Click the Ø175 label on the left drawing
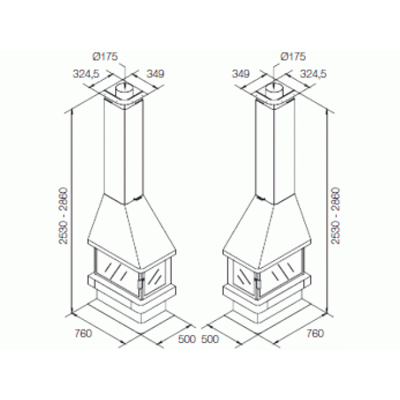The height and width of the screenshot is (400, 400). pos(105,56)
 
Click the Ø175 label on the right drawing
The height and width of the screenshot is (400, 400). pos(293,56)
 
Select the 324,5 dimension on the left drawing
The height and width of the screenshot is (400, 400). pos(86,74)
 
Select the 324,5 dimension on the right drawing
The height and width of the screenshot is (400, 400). pos(313,74)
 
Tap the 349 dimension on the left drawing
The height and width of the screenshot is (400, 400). pos(156,74)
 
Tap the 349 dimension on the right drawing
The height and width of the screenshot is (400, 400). pos(241,74)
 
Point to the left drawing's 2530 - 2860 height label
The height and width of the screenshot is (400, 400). pos(64,216)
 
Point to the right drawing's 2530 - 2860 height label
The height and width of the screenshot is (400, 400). pos(336,216)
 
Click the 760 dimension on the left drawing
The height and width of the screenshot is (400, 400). pos(83,333)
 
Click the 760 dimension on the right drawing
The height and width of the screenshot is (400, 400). pos(315,333)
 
